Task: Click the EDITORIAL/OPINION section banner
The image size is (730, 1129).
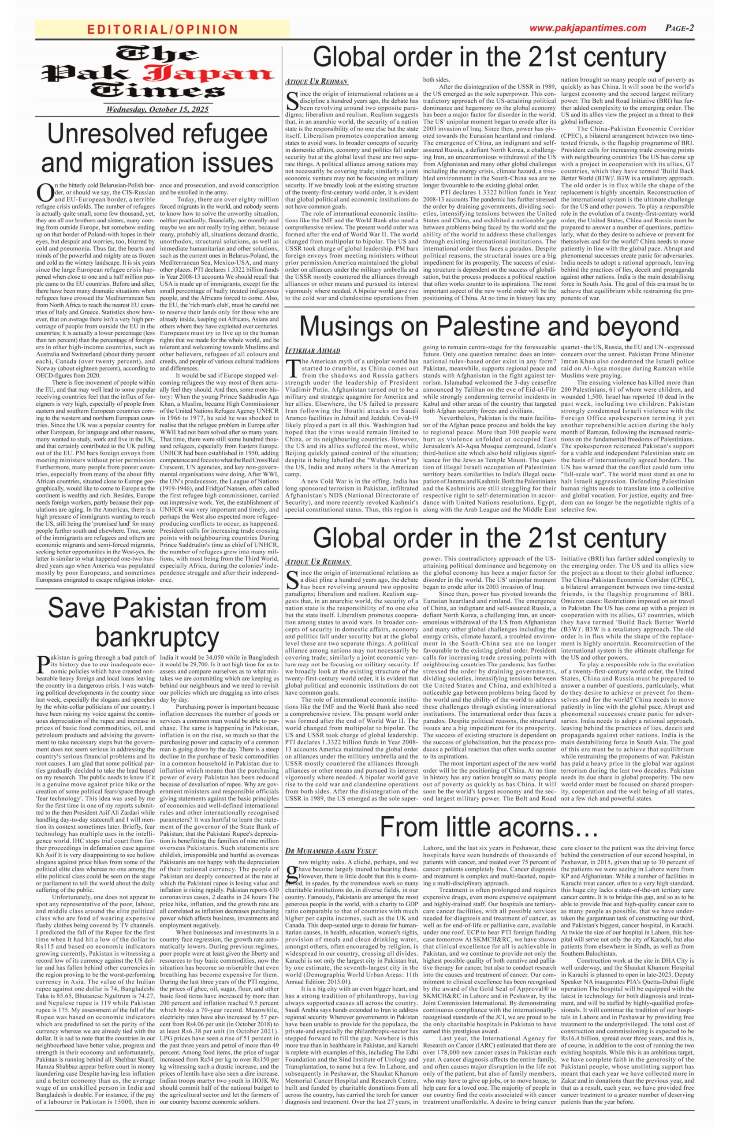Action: (162, 30)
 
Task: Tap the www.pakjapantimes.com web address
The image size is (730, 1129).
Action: (587, 28)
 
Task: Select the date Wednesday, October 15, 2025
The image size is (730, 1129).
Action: (157, 109)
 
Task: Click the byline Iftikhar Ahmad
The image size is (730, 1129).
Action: (313, 351)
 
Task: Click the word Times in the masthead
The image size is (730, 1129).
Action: (157, 92)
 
